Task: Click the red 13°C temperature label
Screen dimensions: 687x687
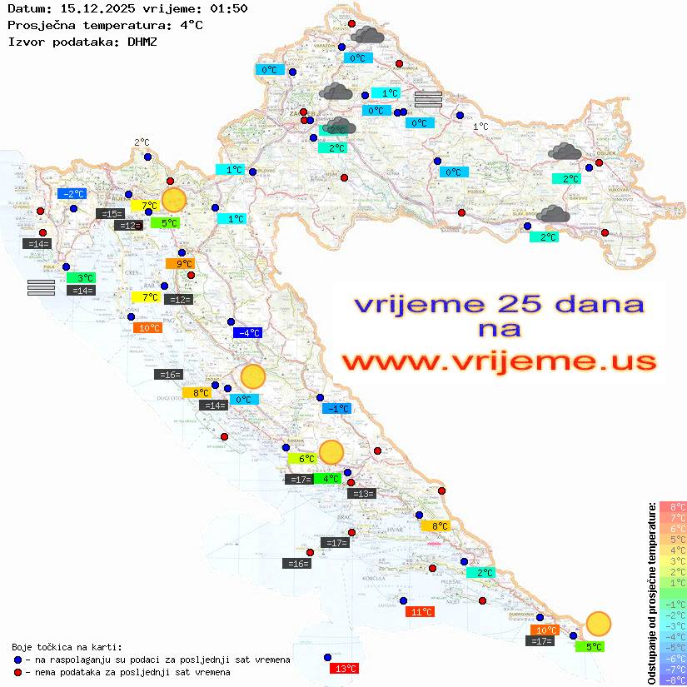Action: tap(345, 668)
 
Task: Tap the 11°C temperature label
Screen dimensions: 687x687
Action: tap(421, 612)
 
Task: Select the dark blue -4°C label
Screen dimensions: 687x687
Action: tap(247, 333)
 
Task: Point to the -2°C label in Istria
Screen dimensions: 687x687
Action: tap(72, 194)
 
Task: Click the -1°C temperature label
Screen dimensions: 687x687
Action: tap(337, 409)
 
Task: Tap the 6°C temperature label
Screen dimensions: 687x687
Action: tap(302, 458)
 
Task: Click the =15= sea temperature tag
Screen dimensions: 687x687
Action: tap(111, 214)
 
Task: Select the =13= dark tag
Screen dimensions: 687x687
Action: tap(361, 494)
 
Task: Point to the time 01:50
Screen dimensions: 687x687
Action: tap(230, 8)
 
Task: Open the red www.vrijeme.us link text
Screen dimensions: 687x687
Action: tap(499, 362)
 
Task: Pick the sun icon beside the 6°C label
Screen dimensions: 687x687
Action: tap(331, 452)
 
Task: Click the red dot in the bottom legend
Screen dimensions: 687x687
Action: tap(17, 672)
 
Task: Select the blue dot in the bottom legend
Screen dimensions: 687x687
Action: tap(17, 660)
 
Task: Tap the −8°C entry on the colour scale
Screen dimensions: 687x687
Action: tap(673, 680)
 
